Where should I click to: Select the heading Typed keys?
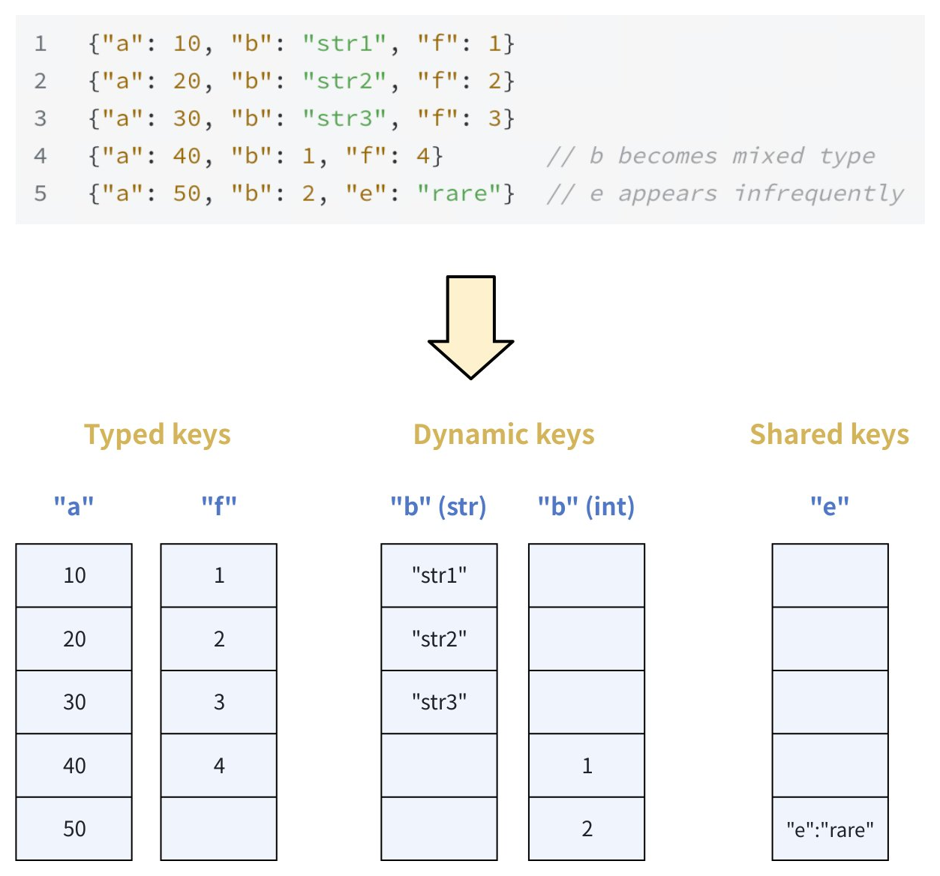click(157, 435)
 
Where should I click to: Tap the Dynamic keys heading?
click(503, 435)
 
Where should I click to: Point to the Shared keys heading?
click(829, 435)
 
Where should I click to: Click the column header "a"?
click(74, 506)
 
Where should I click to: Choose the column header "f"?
click(218, 506)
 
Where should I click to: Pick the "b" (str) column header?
click(438, 507)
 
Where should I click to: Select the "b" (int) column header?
click(586, 507)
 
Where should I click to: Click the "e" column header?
click(829, 506)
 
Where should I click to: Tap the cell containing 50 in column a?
click(74, 829)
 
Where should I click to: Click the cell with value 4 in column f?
click(219, 766)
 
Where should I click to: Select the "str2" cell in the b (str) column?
click(439, 639)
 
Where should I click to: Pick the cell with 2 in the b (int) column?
click(587, 829)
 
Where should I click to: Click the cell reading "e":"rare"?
click(830, 829)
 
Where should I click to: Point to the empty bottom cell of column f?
click(219, 829)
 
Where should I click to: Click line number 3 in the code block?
click(41, 118)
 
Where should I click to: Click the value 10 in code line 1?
click(187, 43)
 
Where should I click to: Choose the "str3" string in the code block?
click(345, 118)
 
